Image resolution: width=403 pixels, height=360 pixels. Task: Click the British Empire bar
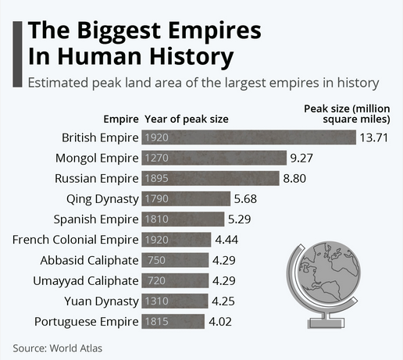(248, 137)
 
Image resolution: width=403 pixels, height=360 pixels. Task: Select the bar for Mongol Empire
(214, 158)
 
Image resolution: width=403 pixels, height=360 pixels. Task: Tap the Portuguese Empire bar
(173, 322)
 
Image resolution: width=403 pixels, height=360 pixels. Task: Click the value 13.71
(374, 137)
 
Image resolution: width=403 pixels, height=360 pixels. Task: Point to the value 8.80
(294, 178)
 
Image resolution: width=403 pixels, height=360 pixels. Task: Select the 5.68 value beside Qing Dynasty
(245, 199)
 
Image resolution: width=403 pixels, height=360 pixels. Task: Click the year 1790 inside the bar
(157, 199)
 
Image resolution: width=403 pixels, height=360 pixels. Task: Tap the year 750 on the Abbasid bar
(157, 260)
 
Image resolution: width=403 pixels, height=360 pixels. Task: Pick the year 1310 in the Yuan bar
(157, 301)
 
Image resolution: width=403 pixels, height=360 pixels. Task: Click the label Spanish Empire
(96, 219)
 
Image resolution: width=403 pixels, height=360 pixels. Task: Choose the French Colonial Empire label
(76, 240)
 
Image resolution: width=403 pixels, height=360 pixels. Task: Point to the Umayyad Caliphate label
(86, 281)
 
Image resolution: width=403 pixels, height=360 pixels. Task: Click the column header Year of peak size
(187, 119)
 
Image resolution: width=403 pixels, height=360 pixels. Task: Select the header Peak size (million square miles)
(347, 114)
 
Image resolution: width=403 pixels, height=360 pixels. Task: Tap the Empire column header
(121, 119)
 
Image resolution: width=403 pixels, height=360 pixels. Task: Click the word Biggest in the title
(119, 31)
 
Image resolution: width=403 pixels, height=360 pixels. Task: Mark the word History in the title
(191, 57)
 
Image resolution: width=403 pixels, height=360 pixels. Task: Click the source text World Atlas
(76, 348)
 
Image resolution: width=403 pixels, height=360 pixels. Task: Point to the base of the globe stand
(326, 323)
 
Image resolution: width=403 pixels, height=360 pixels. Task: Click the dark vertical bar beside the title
(17, 54)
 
